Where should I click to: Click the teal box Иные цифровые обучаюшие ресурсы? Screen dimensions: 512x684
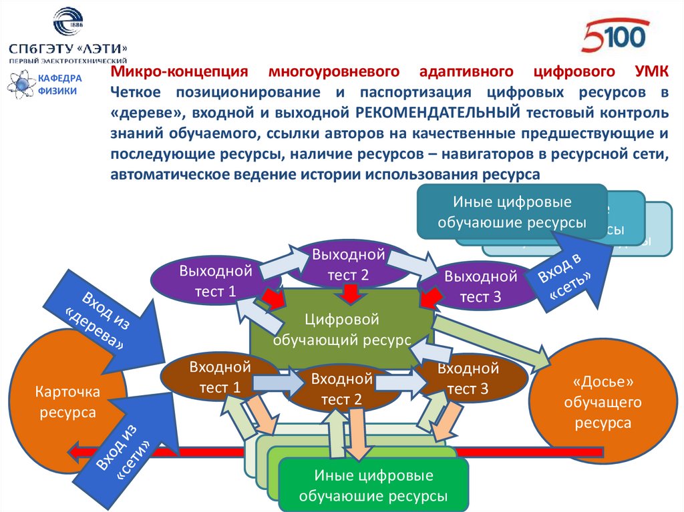pos(512,212)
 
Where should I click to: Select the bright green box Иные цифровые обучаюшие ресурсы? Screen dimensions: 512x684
pos(373,485)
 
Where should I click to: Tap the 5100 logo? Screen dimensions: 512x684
pos(615,37)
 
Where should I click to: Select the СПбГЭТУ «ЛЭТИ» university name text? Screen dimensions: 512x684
pos(67,49)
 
